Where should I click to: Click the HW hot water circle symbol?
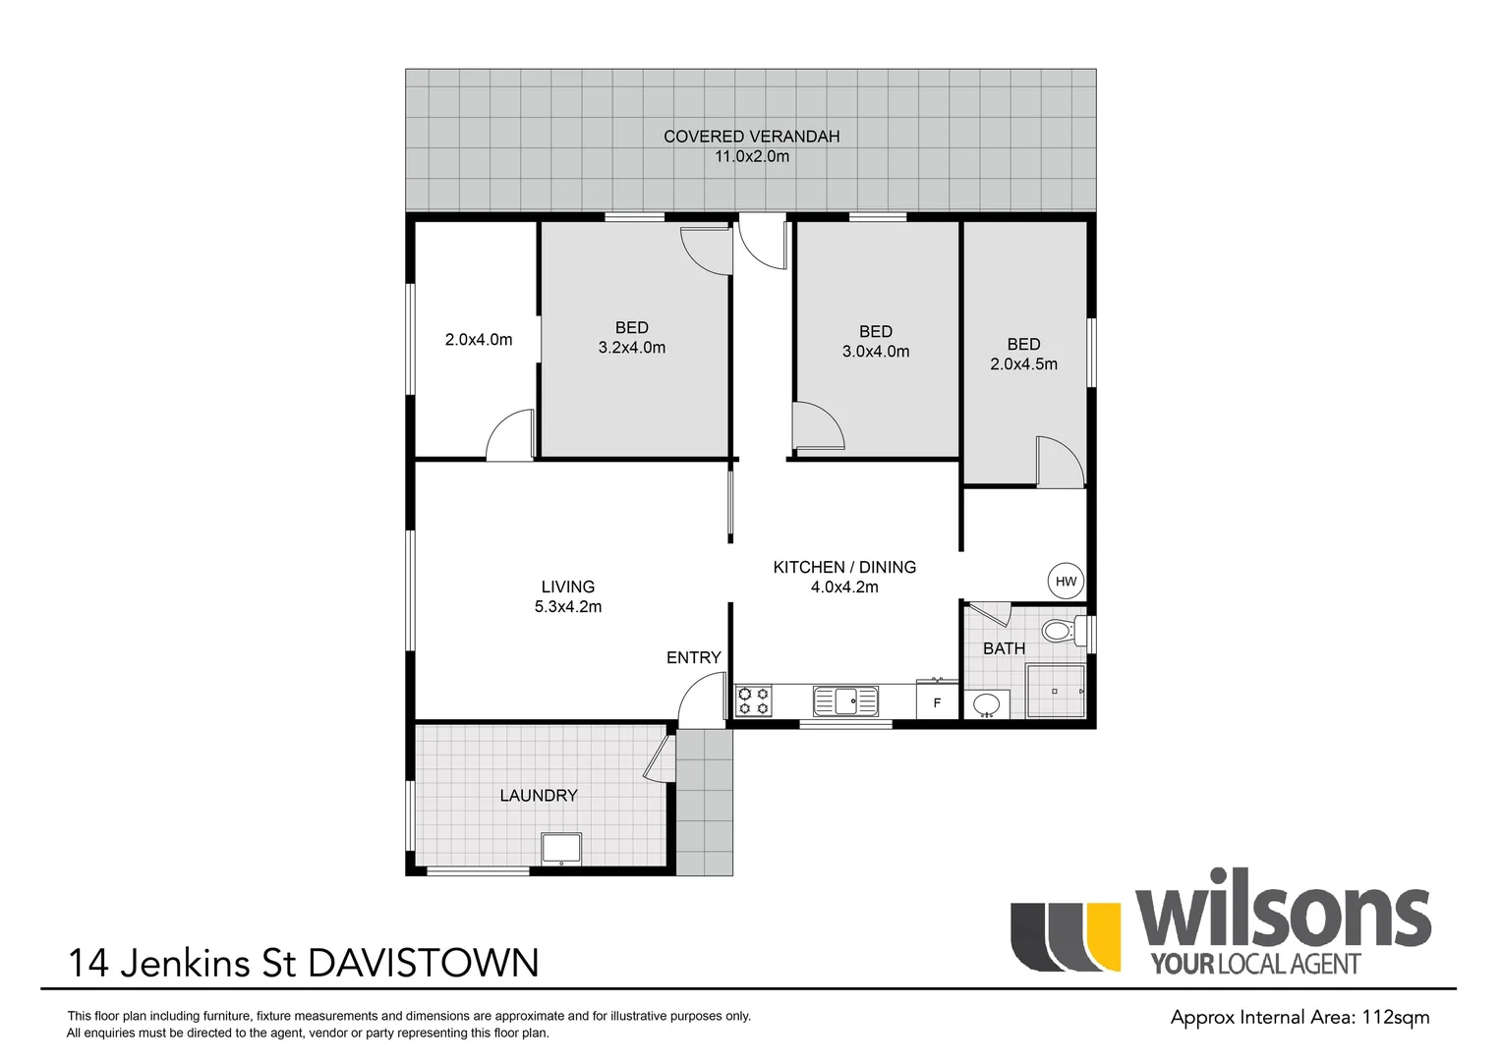(x=1066, y=581)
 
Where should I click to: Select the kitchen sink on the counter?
(x=845, y=701)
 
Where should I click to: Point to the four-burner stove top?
(x=754, y=701)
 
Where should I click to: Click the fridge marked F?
(x=937, y=702)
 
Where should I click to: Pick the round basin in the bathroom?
(x=986, y=704)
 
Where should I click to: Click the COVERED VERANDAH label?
(x=751, y=137)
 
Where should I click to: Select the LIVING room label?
(x=567, y=586)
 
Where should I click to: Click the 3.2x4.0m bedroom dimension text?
(x=631, y=348)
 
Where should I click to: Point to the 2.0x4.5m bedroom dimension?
(x=1023, y=364)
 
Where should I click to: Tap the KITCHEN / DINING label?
(x=844, y=567)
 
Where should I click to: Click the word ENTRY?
(x=693, y=657)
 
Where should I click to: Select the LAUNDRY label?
(x=538, y=796)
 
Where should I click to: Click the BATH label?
(x=1004, y=648)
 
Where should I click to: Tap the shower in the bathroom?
(x=1055, y=692)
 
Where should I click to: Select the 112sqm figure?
(x=1395, y=1017)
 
